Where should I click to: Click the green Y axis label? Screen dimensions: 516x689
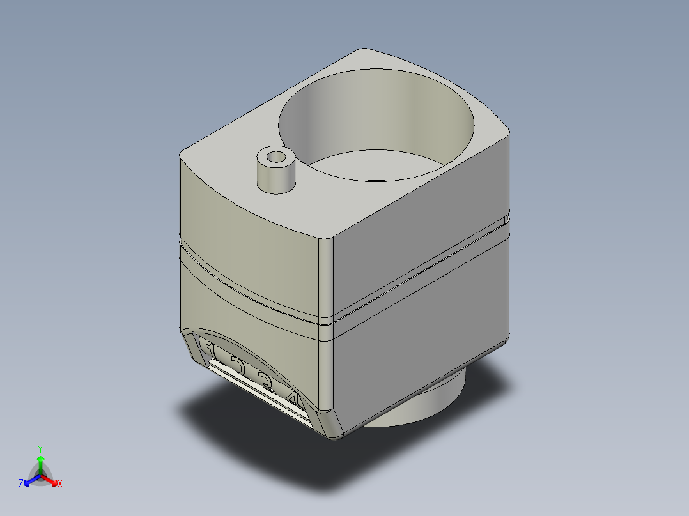click(x=40, y=449)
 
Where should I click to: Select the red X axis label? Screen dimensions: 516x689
click(x=59, y=484)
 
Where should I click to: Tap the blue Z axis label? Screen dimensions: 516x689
click(x=21, y=484)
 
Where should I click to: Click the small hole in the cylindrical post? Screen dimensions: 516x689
click(x=276, y=156)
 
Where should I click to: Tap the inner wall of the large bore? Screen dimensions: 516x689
click(x=377, y=109)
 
